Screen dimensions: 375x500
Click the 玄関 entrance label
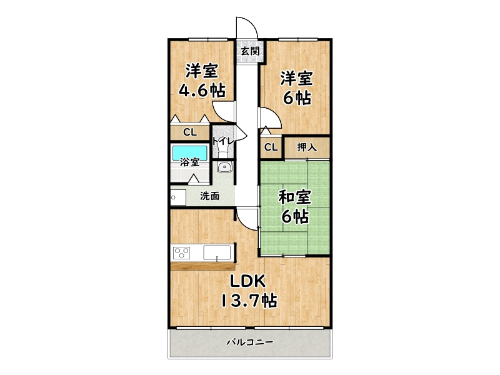pos(250,51)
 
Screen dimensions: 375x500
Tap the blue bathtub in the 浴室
pos(189,152)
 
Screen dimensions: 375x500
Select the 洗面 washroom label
pos(209,196)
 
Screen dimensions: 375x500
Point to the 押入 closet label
pos(306,147)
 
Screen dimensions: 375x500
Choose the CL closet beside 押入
pos(270,147)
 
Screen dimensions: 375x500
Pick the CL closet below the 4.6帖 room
pos(190,132)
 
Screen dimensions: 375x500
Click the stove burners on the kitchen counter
pos(182,253)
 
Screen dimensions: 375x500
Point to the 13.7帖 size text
pos(248,301)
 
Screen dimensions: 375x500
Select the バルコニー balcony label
pos(249,342)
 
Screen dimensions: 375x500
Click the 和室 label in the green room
pos(294,197)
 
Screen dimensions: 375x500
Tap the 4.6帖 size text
pos(202,89)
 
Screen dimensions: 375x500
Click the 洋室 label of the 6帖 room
pos(296,78)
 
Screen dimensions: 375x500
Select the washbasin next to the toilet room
pos(224,167)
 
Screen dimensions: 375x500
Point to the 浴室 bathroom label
pos(189,162)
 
